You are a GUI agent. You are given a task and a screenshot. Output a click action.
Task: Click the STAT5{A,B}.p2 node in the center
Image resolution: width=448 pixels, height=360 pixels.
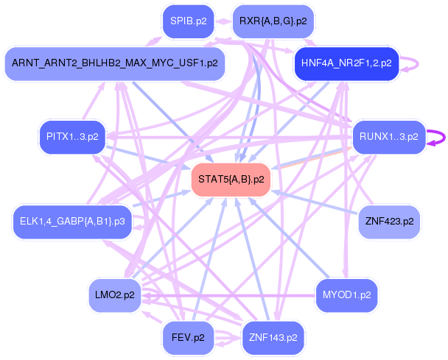pyautogui.click(x=231, y=180)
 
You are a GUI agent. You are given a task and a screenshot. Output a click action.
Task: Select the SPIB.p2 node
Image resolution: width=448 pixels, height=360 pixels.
pyautogui.click(x=187, y=21)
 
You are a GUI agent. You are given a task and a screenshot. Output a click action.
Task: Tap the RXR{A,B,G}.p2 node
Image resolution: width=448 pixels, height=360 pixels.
pyautogui.click(x=273, y=21)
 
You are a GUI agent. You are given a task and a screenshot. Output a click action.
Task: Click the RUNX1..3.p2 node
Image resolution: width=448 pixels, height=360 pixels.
pyautogui.click(x=388, y=136)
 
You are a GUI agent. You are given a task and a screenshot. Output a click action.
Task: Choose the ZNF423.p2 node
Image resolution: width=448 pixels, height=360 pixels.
pyautogui.click(x=388, y=221)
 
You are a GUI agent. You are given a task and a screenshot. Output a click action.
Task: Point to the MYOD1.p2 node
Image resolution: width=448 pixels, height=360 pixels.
pyautogui.click(x=346, y=295)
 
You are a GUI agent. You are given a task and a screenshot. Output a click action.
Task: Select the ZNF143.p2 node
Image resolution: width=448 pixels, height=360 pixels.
pyautogui.click(x=273, y=338)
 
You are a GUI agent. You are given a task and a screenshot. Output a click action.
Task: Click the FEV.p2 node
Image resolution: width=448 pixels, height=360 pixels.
pyautogui.click(x=187, y=338)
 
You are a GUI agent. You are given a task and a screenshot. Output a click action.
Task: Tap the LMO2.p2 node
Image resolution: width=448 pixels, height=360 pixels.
pyautogui.click(x=115, y=295)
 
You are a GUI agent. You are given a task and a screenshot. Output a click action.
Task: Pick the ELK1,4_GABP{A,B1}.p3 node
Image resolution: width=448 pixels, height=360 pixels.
pyautogui.click(x=71, y=221)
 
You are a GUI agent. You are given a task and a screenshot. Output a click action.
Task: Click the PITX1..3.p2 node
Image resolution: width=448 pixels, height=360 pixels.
pyautogui.click(x=71, y=136)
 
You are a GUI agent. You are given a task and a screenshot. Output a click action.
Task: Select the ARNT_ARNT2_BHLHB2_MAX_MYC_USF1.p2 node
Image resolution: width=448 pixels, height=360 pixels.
pyautogui.click(x=114, y=63)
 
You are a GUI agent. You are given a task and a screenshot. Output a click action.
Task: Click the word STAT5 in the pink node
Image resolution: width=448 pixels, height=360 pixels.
pyautogui.click(x=214, y=180)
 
